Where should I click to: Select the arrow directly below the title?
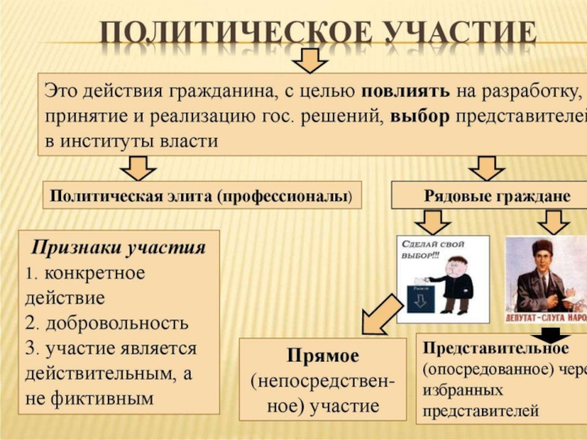(314, 60)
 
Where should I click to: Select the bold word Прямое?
(323, 356)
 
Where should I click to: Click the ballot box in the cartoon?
(420, 298)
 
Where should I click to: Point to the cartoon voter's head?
(454, 263)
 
